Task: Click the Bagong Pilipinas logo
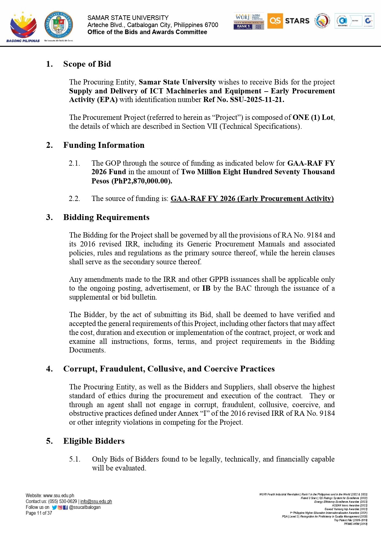point(23,27)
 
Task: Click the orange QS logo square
point(275,21)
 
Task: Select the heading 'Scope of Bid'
point(87,64)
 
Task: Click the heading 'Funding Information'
point(104,145)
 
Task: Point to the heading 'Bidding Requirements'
point(106,217)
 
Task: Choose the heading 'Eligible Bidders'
point(94,441)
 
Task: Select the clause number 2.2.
point(74,199)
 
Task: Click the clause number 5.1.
point(75,459)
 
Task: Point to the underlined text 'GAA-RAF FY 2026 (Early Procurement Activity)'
point(252,199)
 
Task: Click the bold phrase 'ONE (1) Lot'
point(313,117)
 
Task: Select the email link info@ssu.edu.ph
point(96,502)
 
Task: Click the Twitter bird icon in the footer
point(54,508)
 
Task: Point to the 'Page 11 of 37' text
point(39,513)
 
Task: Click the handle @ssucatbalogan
point(85,507)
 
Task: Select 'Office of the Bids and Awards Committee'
point(147,32)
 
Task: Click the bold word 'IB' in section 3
point(206,288)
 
